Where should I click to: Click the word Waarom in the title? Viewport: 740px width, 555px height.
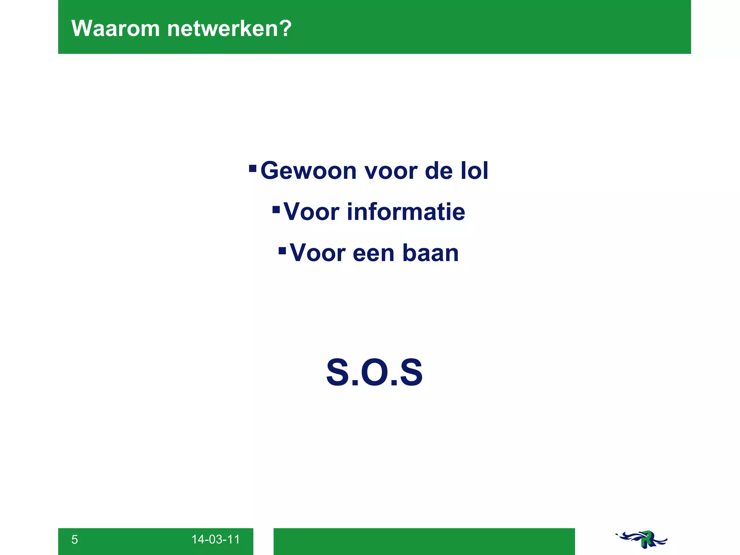(115, 28)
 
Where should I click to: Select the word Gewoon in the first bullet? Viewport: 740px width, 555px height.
(309, 171)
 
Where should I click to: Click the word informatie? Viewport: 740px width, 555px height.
(406, 212)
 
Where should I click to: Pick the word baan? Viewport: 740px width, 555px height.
(430, 253)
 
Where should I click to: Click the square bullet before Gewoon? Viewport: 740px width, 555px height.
(253, 168)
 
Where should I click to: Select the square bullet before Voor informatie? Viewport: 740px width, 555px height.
(276, 210)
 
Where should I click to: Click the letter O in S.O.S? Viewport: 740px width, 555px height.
(374, 372)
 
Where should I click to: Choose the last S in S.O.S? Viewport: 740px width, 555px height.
(411, 372)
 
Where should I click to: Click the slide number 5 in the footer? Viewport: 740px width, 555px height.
(74, 539)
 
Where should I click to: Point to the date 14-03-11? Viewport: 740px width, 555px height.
(215, 539)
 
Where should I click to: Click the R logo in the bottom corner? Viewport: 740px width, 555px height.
(642, 539)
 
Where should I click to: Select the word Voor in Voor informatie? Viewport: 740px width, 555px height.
(311, 212)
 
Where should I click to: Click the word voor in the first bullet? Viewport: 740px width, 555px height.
(390, 171)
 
